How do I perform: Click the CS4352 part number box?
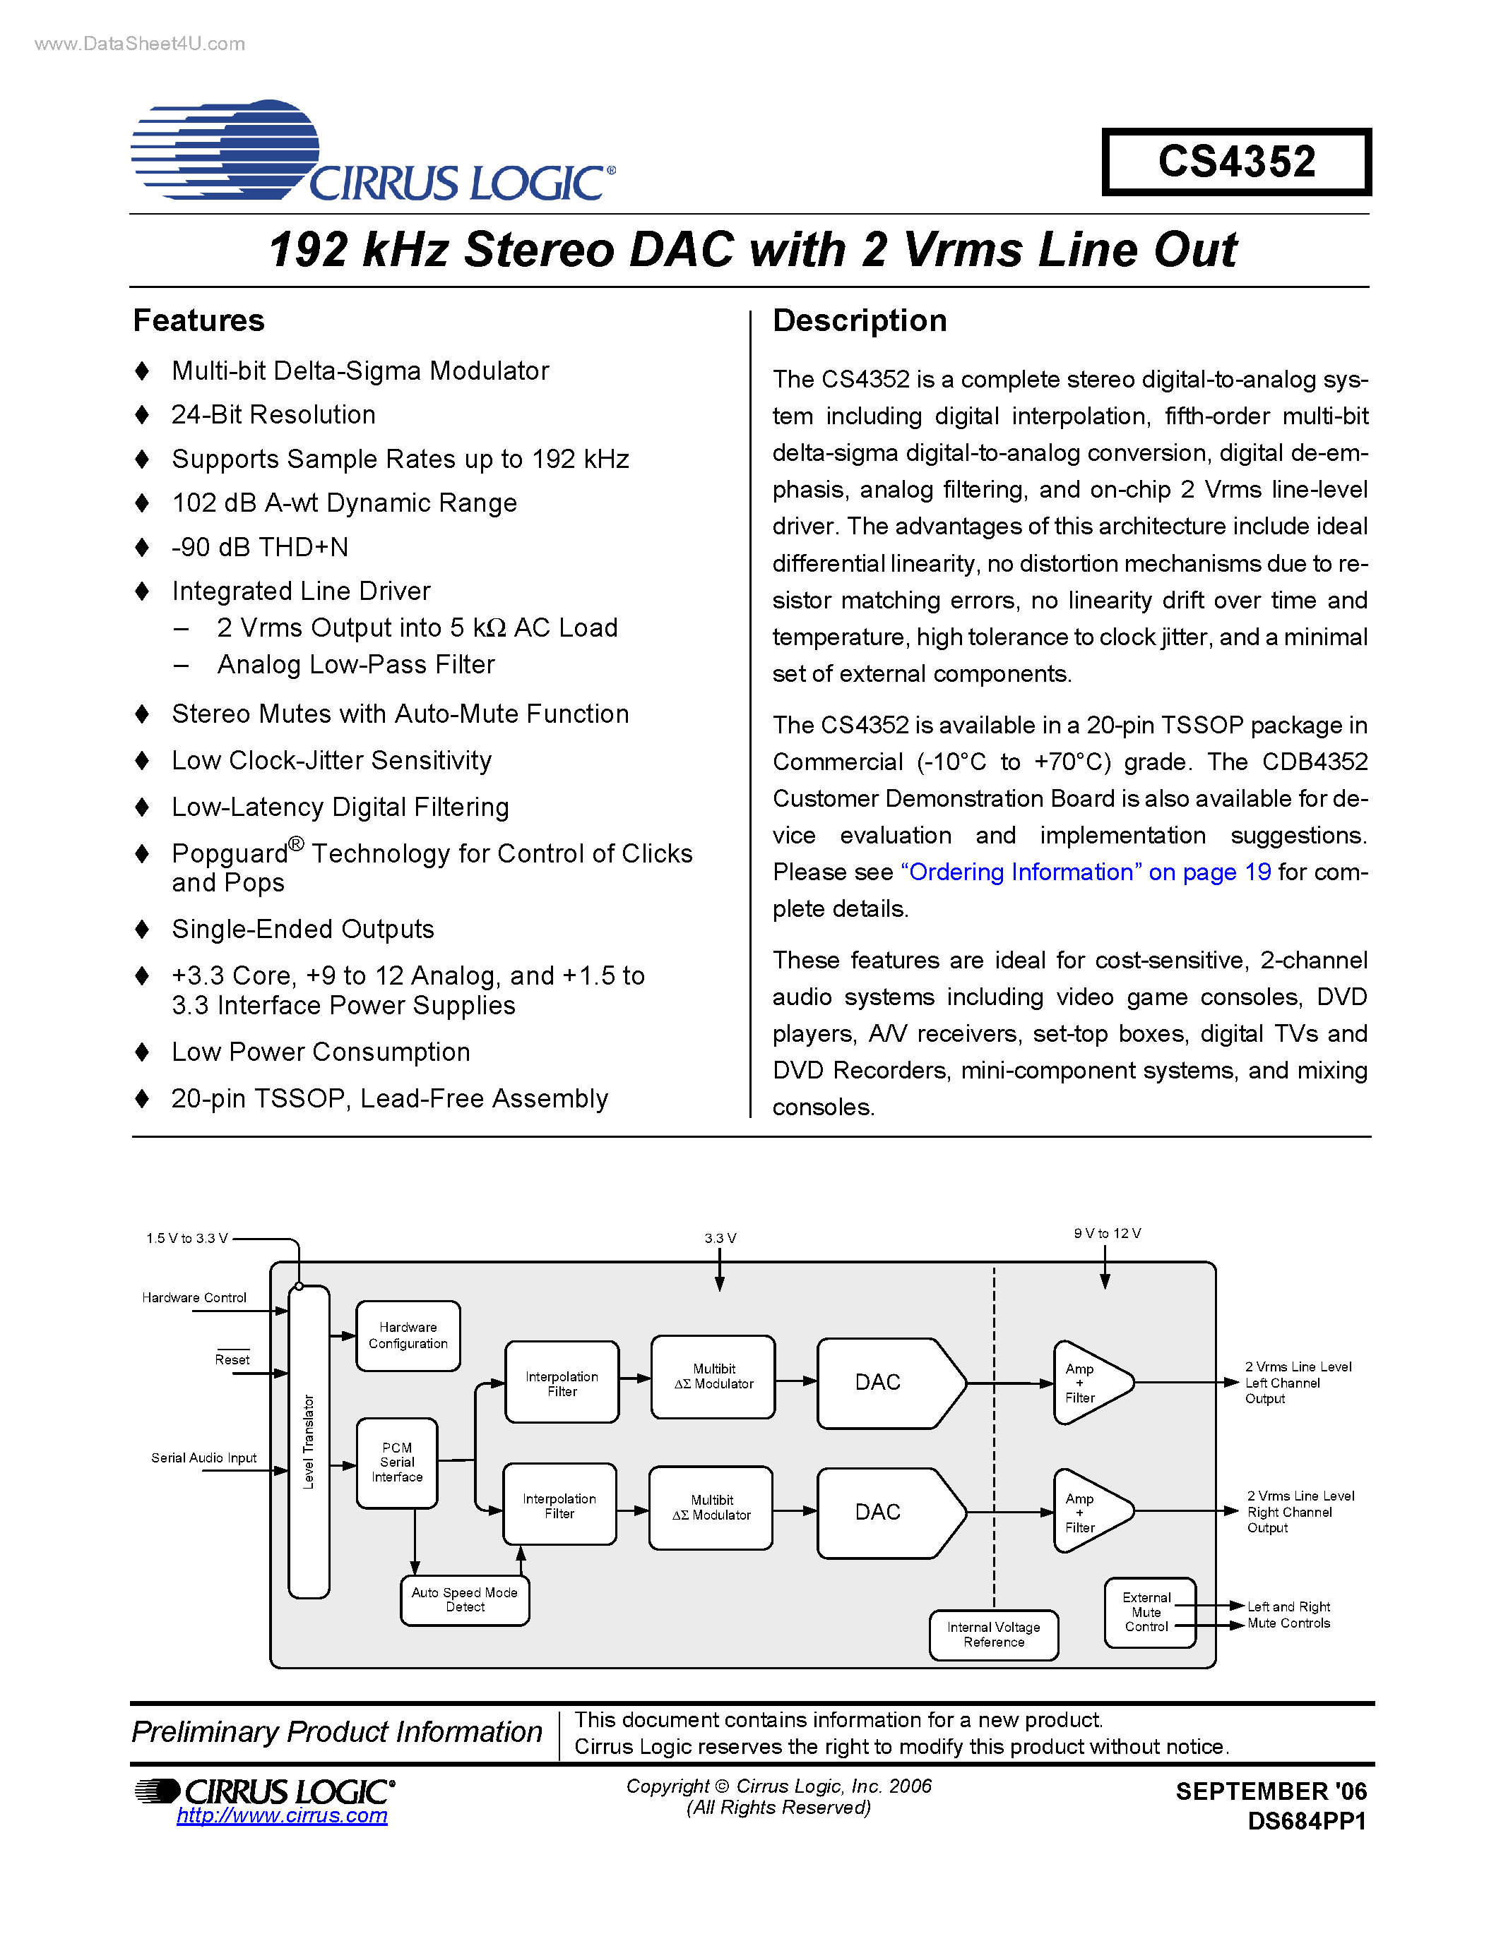coord(1236,162)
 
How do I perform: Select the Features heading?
coord(198,321)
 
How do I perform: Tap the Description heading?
coord(859,321)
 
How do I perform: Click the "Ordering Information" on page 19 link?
coord(1085,872)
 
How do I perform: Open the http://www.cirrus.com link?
coord(282,1815)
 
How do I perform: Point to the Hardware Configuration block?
coord(408,1336)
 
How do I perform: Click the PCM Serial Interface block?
coord(396,1462)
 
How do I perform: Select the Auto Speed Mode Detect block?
coord(464,1599)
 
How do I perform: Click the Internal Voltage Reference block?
coord(993,1635)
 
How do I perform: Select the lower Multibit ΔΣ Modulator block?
coord(711,1508)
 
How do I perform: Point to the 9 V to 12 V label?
coord(1107,1234)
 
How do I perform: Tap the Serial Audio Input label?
coord(203,1458)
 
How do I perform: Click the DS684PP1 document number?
coord(1306,1821)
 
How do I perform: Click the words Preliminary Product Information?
coord(337,1731)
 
